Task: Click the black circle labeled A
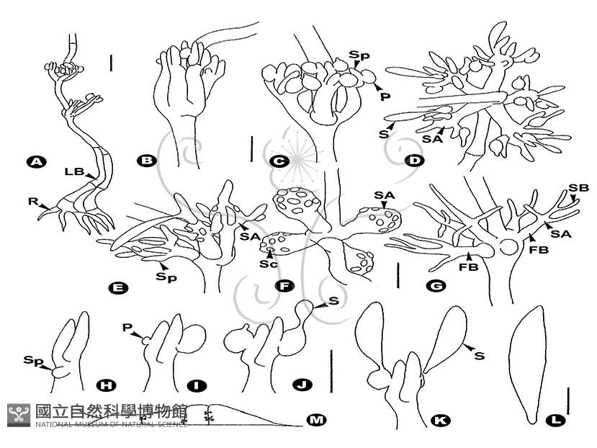click(36, 162)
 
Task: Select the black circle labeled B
click(147, 161)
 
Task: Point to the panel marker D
click(415, 161)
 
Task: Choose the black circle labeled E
click(118, 288)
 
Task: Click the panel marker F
click(284, 286)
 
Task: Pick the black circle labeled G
click(436, 286)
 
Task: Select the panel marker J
click(302, 385)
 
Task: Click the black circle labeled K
click(441, 421)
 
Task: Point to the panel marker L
click(555, 420)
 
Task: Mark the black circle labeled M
click(316, 420)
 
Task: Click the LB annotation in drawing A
click(74, 172)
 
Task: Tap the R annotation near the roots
click(32, 201)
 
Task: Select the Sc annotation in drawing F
click(268, 264)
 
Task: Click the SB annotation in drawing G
click(579, 188)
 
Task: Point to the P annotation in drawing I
click(127, 327)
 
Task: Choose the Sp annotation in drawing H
click(32, 361)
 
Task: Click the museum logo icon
click(19, 415)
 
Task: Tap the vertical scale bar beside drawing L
click(567, 400)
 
